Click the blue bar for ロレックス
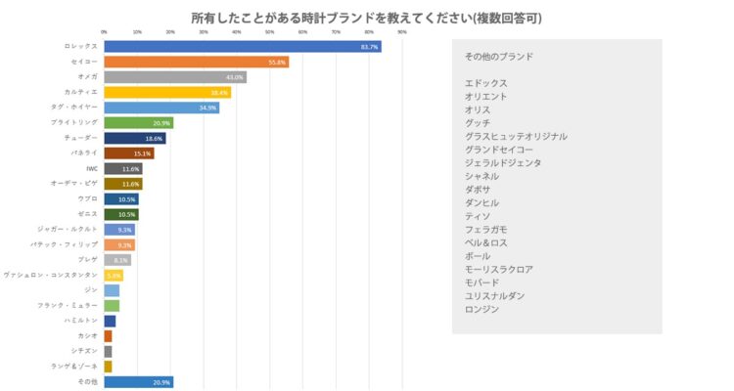[242, 46]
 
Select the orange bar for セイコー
[196, 62]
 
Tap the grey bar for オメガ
[174, 77]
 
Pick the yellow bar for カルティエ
[166, 92]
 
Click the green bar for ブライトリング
[138, 123]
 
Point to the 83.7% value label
[369, 47]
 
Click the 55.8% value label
[277, 62]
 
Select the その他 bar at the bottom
[138, 381]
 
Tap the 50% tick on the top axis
[270, 32]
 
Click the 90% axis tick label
[402, 32]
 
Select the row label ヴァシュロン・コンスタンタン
[51, 276]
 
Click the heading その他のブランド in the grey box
[499, 57]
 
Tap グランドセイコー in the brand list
[499, 150]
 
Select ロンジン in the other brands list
[482, 309]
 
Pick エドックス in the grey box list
[486, 83]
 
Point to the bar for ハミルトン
[110, 321]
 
